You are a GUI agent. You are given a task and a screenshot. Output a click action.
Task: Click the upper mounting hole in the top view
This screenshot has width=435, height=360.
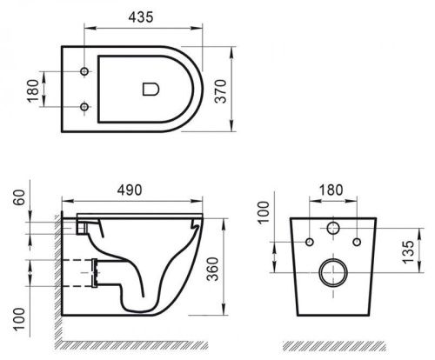pyautogui.click(x=84, y=69)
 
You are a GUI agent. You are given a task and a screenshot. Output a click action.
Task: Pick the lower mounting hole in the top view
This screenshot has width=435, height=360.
pyautogui.click(x=84, y=108)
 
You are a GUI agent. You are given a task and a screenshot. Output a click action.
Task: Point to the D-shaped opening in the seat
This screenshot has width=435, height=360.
pyautogui.click(x=150, y=88)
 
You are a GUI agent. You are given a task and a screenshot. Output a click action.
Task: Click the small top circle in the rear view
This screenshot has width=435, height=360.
pyautogui.click(x=332, y=229)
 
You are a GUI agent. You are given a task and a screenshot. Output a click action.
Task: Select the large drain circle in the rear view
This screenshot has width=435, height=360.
pyautogui.click(x=332, y=273)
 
